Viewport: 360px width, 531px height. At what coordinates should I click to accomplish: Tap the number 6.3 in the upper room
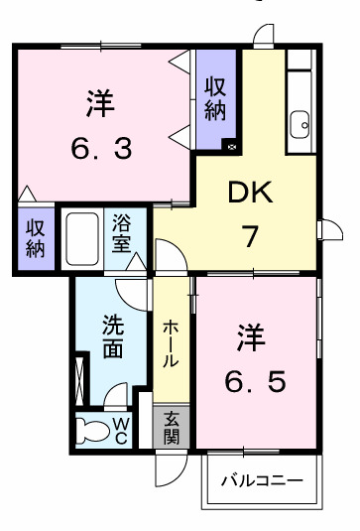coord(101,149)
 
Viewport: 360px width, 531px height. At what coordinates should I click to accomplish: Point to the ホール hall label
coord(172,342)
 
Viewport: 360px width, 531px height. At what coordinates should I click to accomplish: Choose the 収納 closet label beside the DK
coord(215,99)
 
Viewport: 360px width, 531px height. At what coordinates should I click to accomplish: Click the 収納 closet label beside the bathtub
coord(36,235)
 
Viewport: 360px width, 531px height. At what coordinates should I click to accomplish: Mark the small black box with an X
coord(231,145)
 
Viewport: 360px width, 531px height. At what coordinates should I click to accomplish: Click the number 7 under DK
coord(252,238)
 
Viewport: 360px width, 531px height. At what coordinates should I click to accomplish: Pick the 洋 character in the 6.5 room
coord(250,337)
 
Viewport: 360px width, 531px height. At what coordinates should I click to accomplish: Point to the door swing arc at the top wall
coord(264,36)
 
